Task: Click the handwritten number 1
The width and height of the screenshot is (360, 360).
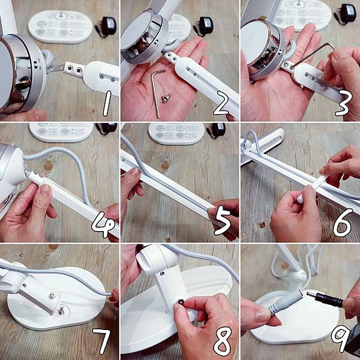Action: coord(107,103)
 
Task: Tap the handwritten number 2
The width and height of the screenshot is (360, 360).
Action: coord(221,103)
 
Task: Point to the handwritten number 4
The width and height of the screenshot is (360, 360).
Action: coord(103,224)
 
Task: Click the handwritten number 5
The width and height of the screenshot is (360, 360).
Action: coord(222,220)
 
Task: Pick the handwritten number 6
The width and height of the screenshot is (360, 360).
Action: coord(343,223)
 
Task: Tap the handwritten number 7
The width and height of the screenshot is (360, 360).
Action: coord(101,341)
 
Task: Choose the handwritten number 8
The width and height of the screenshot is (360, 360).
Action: coord(222,341)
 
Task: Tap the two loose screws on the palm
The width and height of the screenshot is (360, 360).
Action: coord(166,98)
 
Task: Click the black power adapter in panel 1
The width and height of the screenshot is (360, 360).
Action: coord(107,26)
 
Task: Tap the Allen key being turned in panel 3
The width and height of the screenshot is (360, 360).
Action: coord(312,55)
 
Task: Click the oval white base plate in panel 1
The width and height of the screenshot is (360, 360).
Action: coord(61,27)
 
